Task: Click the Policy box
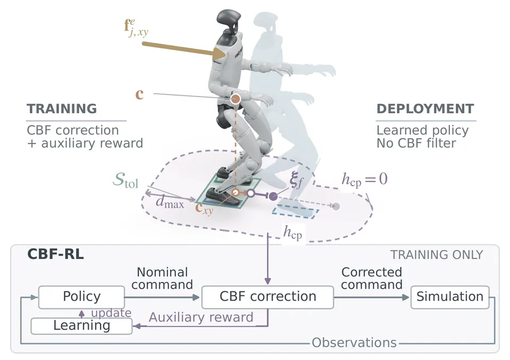[x=82, y=297]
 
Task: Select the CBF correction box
[x=268, y=297]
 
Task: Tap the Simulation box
[x=450, y=297]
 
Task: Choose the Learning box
[x=82, y=325]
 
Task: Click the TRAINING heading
[x=62, y=108]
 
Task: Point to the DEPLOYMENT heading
[x=425, y=108]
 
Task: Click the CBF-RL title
[x=56, y=254]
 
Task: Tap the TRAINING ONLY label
[x=437, y=255]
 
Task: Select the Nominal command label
[x=162, y=278]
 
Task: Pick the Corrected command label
[x=372, y=278]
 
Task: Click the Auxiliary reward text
[x=201, y=317]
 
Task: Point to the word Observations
[x=354, y=343]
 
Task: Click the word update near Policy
[x=111, y=313]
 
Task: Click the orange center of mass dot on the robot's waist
[x=235, y=98]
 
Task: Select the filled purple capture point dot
[x=274, y=196]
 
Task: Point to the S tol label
[x=126, y=180]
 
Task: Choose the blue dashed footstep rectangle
[x=295, y=212]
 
